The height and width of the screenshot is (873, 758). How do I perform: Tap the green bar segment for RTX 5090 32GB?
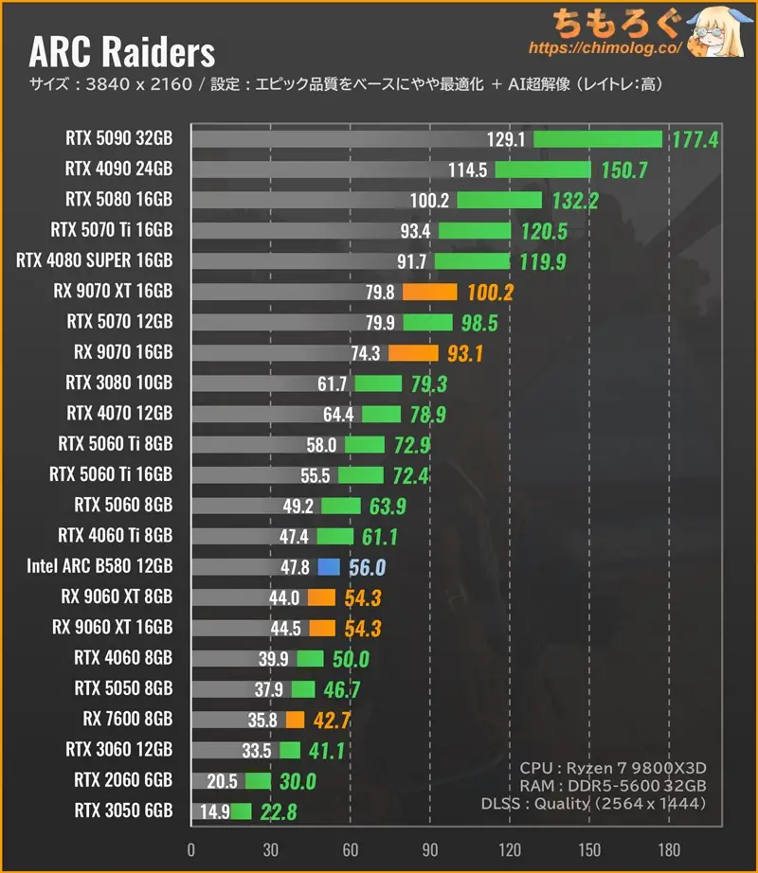coord(597,139)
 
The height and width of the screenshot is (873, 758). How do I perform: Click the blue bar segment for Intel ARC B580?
coord(328,567)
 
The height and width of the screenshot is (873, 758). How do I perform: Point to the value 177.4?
coord(695,140)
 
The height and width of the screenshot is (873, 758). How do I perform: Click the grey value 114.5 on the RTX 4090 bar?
coord(468,170)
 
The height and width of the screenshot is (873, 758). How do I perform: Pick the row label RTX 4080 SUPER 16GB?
coord(95,260)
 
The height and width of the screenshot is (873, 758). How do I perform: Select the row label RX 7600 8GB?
coord(123,720)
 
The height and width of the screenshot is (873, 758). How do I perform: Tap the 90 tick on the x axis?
coord(430,847)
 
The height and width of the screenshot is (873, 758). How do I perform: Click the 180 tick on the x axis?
coord(669,847)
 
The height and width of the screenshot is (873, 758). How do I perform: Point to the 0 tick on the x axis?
coord(191,847)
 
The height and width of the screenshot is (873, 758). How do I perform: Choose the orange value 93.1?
coord(465,353)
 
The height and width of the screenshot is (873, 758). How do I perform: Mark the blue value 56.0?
coord(366,567)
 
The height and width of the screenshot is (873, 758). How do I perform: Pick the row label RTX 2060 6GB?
coord(119,780)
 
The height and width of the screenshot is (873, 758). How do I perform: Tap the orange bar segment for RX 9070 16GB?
coord(413,353)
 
